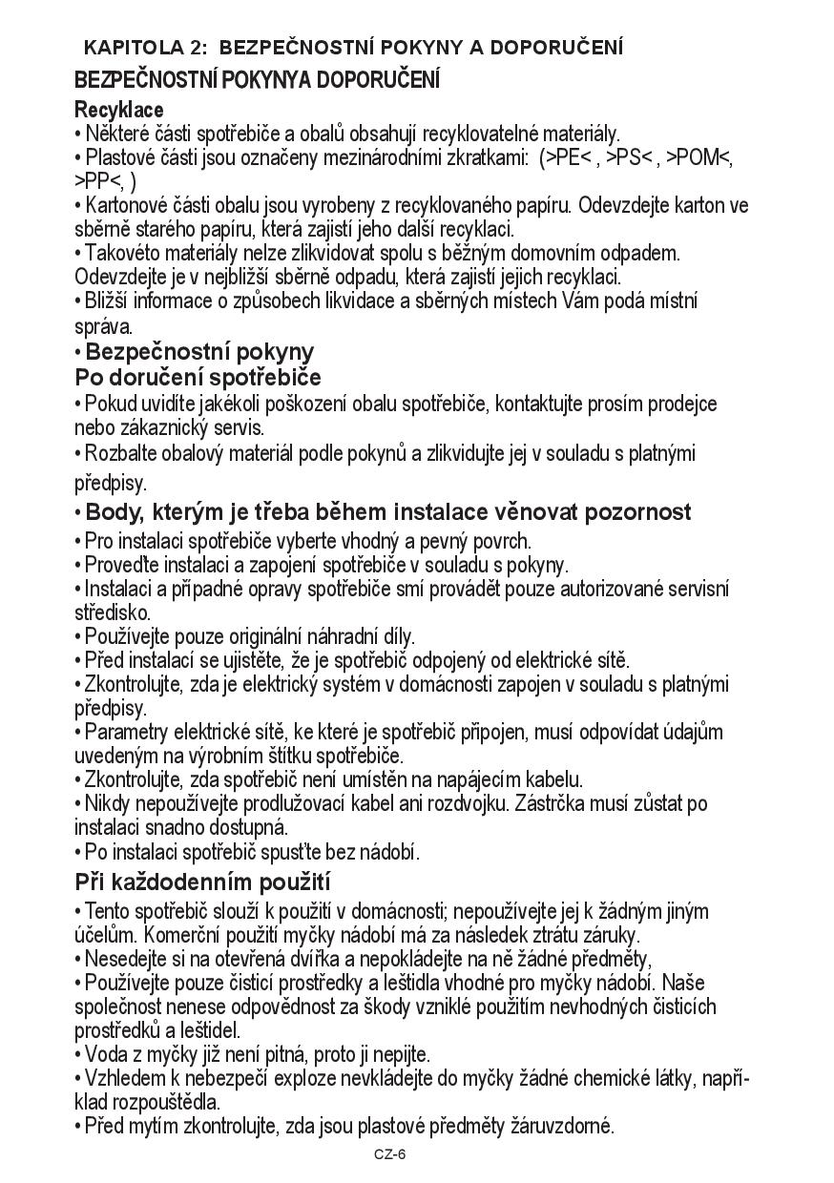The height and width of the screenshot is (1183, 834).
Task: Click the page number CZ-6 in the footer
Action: (390, 1154)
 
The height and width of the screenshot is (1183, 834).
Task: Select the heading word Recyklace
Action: (119, 110)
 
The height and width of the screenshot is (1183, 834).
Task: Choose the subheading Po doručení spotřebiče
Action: (198, 377)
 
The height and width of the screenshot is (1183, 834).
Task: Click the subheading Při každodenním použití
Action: (202, 881)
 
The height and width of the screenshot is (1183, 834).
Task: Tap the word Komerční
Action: (184, 935)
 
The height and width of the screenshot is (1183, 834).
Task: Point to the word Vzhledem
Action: (124, 1078)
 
